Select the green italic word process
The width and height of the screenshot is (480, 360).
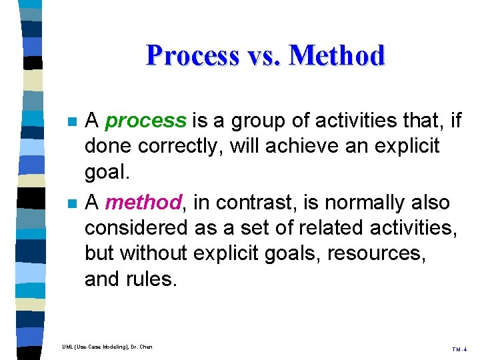point(146,121)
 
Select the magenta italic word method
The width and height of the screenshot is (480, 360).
point(143,203)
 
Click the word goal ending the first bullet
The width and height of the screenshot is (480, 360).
point(105,173)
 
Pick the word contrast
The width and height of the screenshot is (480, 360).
point(242,203)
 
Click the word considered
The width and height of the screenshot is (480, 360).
point(136,228)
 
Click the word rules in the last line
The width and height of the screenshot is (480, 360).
point(153,279)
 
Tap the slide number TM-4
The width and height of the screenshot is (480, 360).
point(459,349)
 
